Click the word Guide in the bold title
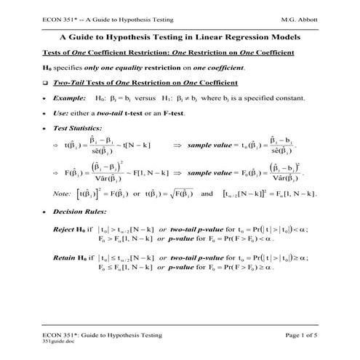105,36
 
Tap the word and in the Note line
207,194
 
